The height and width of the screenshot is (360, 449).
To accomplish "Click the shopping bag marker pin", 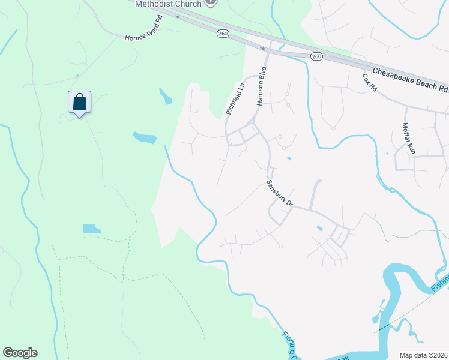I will pos(79,103).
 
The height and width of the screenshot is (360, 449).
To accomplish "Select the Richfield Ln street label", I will pos(236,99).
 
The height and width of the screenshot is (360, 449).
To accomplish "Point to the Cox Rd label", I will pos(369,82).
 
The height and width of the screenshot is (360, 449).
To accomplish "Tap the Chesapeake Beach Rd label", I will pos(410,79).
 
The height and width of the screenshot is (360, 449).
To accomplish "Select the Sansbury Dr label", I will pos(279,193).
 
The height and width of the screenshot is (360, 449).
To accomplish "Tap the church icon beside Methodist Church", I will pos(210,2).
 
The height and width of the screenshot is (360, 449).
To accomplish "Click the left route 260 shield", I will pos(223,34).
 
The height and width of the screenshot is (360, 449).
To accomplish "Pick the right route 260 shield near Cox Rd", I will pos(316,56).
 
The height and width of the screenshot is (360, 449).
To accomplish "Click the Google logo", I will pos(20,353).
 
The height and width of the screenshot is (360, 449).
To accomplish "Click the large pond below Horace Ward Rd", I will pos(145,138).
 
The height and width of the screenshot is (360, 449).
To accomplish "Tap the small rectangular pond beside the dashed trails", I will pos(92,229).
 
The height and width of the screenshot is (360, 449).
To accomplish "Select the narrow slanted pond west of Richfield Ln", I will pos(165,96).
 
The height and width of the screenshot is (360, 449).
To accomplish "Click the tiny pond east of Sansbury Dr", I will pos(319,228).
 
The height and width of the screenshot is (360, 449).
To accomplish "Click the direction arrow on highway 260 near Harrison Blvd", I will pos(264,47).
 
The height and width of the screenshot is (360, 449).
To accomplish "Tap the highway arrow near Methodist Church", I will pos(177,16).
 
